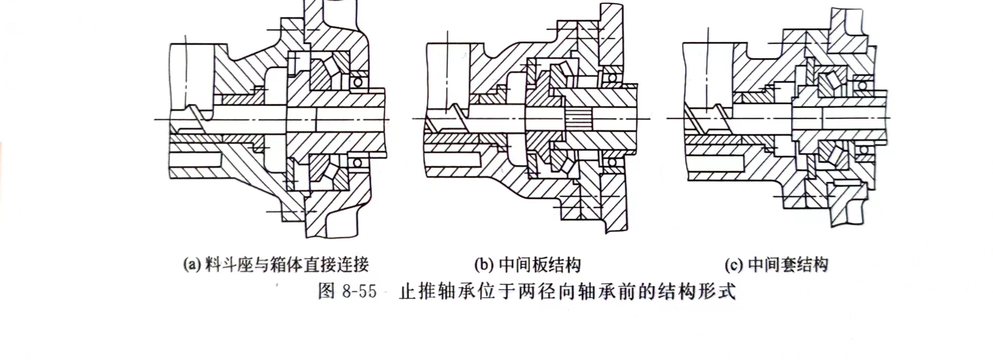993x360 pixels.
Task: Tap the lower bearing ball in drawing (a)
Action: tap(357, 162)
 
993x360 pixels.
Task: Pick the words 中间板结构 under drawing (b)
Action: tap(540, 265)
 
